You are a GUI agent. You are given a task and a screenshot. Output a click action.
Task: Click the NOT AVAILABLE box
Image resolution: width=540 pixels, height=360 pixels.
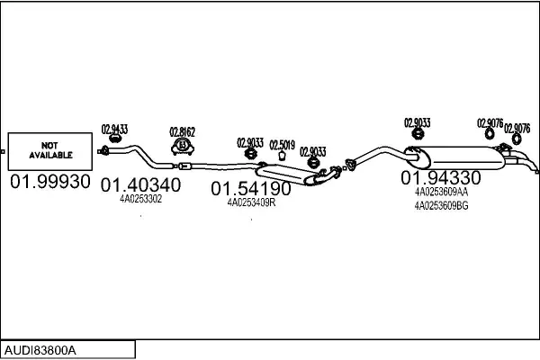(49, 149)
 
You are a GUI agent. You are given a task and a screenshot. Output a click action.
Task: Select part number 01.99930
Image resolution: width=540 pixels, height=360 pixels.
(50, 182)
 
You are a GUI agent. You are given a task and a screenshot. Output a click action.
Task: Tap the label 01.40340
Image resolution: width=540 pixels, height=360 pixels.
(140, 185)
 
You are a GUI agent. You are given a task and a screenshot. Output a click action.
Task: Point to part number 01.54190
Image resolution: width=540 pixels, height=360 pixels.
(251, 189)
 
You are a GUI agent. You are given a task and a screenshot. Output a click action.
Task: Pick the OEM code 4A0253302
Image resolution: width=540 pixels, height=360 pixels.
(140, 199)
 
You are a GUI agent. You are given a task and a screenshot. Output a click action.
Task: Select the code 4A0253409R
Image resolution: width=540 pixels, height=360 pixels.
(251, 202)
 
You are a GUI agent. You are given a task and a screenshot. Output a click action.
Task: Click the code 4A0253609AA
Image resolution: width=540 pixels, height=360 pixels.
(441, 192)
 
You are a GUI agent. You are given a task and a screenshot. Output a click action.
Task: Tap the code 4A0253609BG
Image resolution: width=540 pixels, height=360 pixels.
(441, 205)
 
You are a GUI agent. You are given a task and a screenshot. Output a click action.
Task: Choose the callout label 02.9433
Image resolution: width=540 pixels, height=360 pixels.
(114, 128)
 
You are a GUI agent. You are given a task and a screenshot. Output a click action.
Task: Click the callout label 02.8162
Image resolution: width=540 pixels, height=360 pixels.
(183, 131)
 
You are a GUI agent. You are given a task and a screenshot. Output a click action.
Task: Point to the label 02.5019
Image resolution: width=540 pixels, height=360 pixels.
(282, 144)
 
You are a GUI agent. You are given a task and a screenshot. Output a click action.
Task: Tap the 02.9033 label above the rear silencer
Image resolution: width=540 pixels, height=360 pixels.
(417, 122)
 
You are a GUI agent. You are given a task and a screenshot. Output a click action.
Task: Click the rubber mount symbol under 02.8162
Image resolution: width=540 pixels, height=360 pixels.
(183, 145)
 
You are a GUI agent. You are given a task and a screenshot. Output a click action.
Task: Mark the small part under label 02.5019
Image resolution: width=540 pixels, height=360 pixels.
(282, 155)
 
